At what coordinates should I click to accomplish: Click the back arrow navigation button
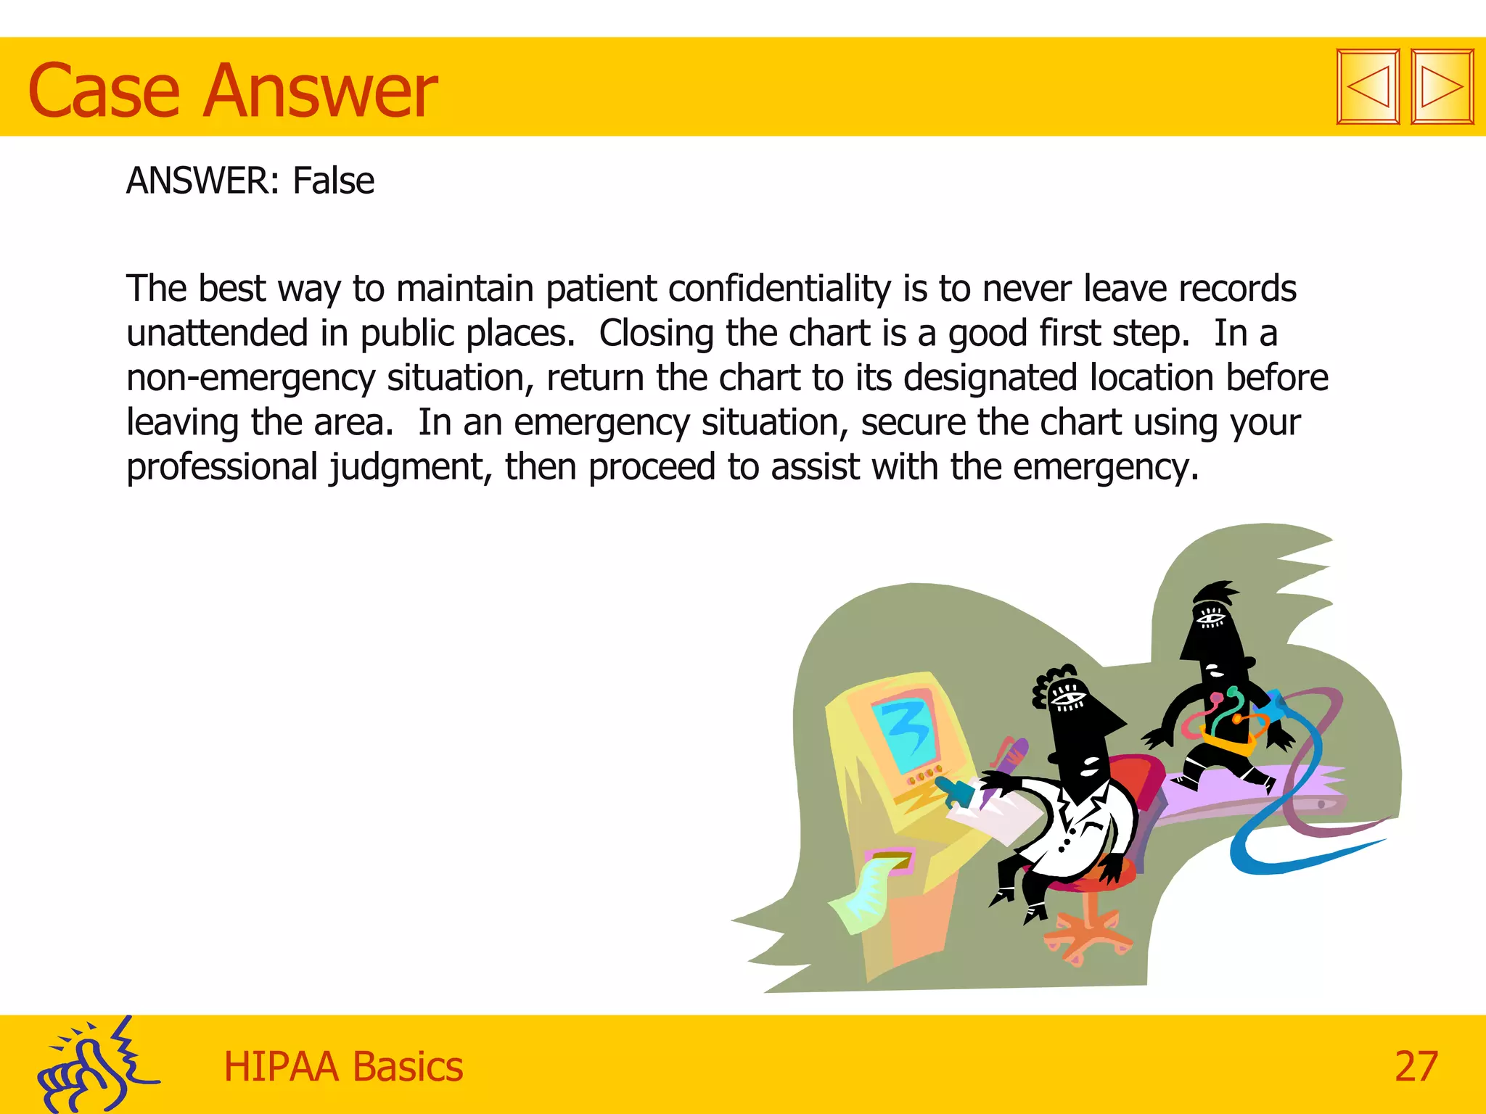1368,87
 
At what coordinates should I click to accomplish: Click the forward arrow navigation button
1442,87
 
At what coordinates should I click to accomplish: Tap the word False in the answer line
333,181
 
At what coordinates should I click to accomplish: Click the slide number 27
1416,1066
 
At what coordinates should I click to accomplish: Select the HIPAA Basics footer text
342,1066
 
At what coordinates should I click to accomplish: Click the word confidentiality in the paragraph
779,289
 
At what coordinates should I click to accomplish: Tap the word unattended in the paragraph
217,334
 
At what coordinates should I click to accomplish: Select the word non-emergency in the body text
251,379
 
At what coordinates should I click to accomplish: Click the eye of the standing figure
1210,619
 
